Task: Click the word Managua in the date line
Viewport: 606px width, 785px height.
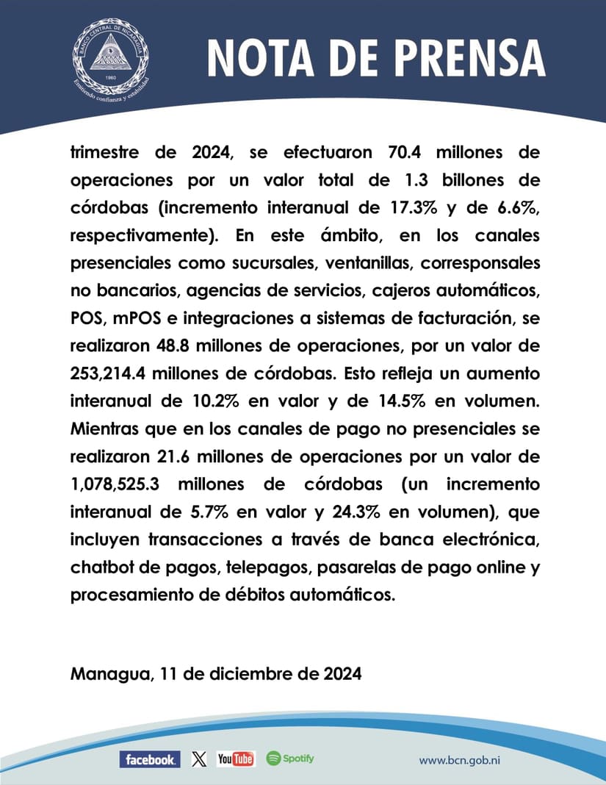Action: [x=107, y=673]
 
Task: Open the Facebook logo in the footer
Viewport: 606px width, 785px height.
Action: [x=149, y=759]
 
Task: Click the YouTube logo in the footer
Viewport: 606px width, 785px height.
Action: [x=236, y=759]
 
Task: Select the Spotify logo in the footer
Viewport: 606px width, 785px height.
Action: [x=290, y=759]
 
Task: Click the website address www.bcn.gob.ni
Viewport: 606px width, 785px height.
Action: [x=464, y=761]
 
